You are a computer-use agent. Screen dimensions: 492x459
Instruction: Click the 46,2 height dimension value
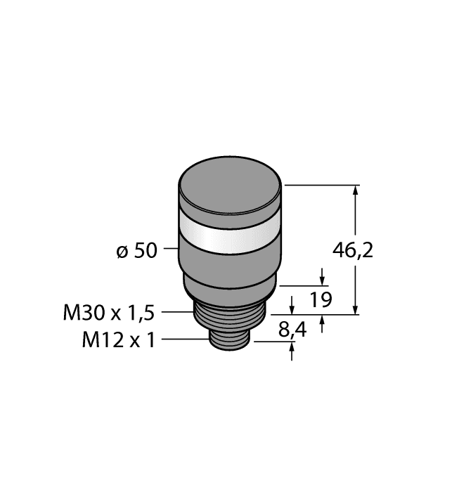tap(352, 250)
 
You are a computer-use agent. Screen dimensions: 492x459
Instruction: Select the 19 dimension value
tap(321, 300)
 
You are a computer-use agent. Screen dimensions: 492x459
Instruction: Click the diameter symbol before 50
tap(122, 251)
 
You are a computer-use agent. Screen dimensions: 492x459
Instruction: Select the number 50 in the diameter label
tap(146, 250)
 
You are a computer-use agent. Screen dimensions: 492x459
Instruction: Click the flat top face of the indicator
tap(230, 188)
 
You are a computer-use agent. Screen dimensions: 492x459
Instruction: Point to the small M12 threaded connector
tap(229, 340)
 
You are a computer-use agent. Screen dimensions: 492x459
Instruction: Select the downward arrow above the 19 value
tap(322, 279)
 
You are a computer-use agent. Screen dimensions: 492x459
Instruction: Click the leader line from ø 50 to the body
tap(170, 249)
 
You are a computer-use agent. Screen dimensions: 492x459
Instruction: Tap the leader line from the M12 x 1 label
tap(186, 339)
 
